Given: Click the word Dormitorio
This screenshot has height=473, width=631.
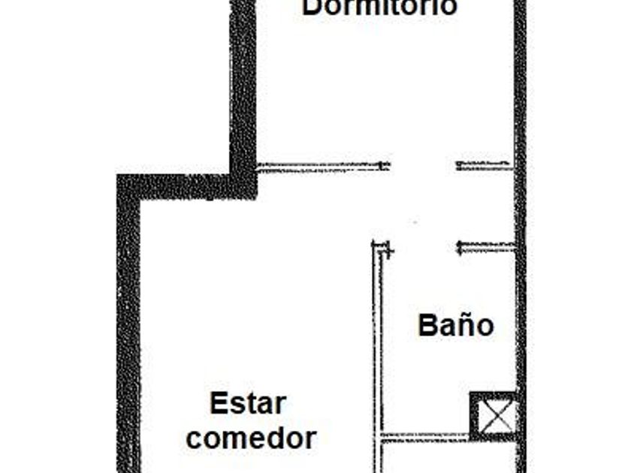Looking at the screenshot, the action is pos(379,8).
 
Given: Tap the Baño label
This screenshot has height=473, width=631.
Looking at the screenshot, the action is pos(456,325).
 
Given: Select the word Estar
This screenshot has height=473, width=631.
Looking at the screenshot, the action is pos(248,403).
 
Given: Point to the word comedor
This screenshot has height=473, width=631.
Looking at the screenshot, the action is pos(251,438).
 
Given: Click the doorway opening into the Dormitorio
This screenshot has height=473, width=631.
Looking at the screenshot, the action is pos(423,166).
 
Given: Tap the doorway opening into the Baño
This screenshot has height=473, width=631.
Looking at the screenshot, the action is pos(423,246).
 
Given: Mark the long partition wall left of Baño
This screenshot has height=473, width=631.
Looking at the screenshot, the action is pos(377,358).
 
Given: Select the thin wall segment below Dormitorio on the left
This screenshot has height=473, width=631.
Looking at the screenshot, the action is pos(324,166).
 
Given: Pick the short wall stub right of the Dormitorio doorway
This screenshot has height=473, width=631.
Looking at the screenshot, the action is pos(485,165).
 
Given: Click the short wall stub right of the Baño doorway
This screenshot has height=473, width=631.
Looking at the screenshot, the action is pos(486,246).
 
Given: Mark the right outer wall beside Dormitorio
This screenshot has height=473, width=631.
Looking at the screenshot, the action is pos(520,121).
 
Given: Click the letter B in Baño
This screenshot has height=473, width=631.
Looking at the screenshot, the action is pos(427,326).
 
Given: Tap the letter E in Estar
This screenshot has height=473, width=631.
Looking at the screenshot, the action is pos(218,403).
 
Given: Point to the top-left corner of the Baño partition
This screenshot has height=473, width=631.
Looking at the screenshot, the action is pos(373,242).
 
